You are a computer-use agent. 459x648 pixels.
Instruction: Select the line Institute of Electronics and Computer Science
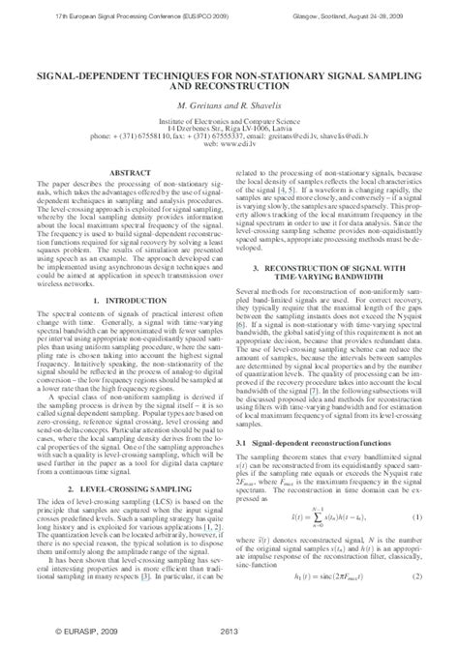coord(229,119)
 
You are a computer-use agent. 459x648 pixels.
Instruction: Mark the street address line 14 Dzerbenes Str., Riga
coord(229,127)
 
